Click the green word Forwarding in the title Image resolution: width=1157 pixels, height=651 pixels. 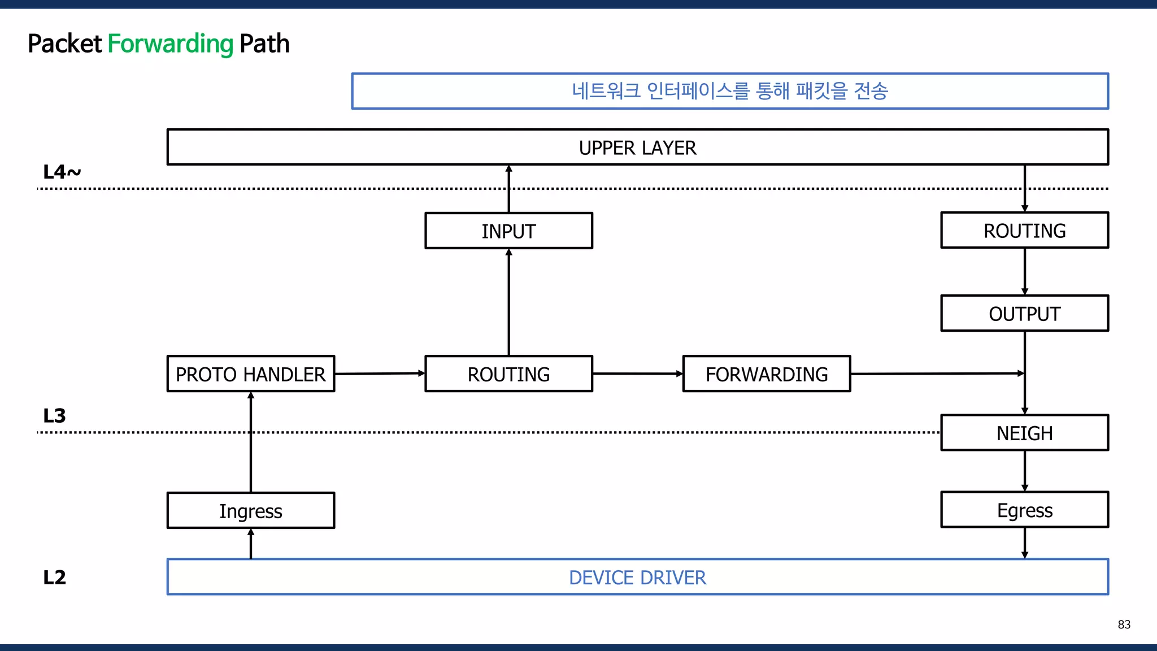point(170,44)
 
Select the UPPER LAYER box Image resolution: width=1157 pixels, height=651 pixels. point(637,147)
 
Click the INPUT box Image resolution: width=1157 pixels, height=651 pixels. point(508,231)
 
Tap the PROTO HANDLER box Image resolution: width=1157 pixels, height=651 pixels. point(251,374)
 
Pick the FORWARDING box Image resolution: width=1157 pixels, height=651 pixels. point(767,374)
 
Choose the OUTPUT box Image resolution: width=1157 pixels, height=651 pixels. point(1024,313)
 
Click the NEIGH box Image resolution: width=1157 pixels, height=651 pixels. point(1024,433)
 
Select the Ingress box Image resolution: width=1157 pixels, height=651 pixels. point(251,510)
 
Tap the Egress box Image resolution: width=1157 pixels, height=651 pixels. point(1024,510)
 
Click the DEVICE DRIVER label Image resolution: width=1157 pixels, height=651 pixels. point(637,577)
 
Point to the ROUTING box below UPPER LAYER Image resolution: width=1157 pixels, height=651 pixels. point(1024,230)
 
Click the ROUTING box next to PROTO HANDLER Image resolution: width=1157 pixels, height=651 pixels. point(508,374)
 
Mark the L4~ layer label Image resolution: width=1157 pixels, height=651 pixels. point(62,172)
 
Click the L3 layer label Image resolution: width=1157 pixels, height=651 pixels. point(54,415)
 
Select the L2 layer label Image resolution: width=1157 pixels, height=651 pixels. point(54,577)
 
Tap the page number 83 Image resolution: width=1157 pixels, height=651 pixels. point(1124,624)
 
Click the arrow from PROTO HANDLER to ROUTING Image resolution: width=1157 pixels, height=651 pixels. point(379,374)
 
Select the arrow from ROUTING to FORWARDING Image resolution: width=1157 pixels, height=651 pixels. point(637,374)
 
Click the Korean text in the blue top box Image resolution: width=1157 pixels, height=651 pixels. point(729,90)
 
